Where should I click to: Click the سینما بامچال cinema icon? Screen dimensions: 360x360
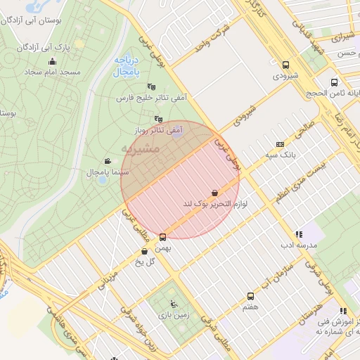(107, 161)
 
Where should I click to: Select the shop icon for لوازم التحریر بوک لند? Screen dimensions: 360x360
(214, 193)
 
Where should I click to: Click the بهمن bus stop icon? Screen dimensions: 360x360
(163, 237)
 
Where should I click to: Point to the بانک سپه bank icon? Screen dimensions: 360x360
(280, 143)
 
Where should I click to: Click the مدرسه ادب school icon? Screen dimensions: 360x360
(299, 234)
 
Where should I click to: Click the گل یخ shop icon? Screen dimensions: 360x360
(145, 251)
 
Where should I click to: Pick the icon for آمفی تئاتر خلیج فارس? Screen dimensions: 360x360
(151, 86)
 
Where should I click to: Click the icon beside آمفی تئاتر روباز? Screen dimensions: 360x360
(158, 120)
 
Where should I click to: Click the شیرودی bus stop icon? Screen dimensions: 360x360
(285, 63)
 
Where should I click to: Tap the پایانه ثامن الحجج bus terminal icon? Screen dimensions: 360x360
(334, 82)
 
